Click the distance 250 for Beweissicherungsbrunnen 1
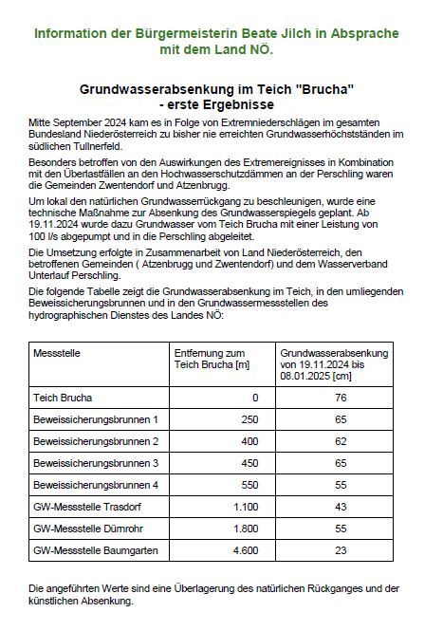[249, 418]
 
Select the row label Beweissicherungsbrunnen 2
[95, 441]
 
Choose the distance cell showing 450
[249, 463]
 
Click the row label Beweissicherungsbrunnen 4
[95, 485]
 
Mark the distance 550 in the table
[249, 485]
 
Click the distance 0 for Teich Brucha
[255, 397]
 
